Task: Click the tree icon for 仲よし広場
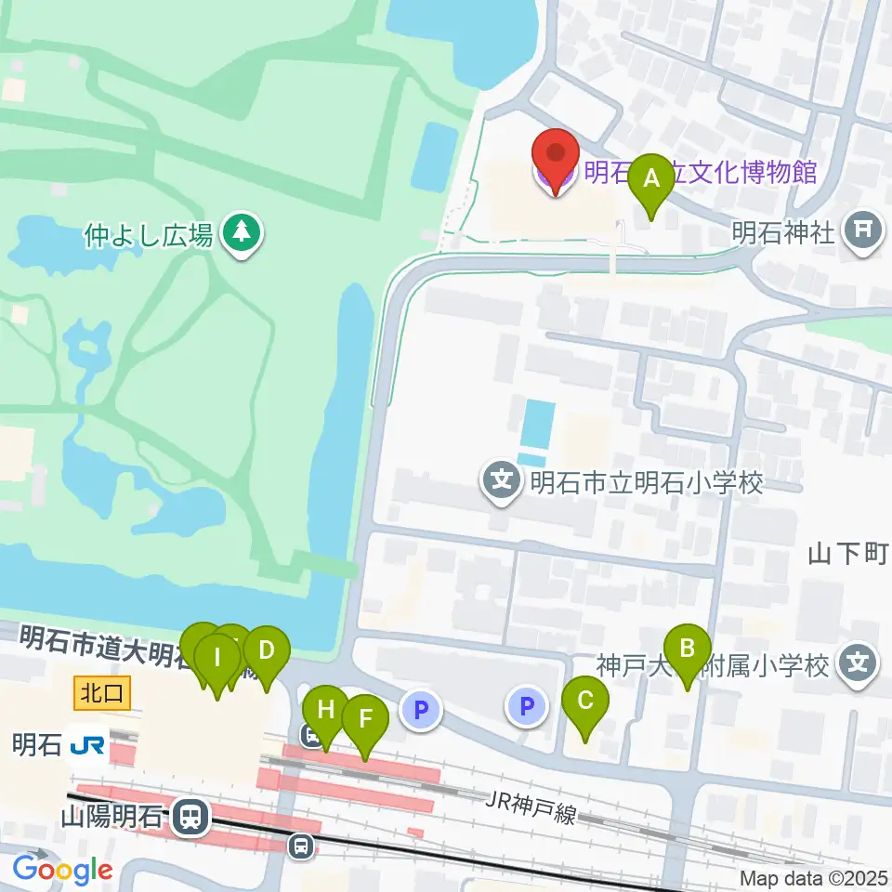pos(243,232)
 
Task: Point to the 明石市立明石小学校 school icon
pos(503,483)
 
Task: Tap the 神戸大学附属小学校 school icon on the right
pos(857,664)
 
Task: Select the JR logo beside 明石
pos(88,744)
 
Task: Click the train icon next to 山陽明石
pos(190,818)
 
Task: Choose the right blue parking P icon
pos(527,709)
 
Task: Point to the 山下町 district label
pos(847,555)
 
